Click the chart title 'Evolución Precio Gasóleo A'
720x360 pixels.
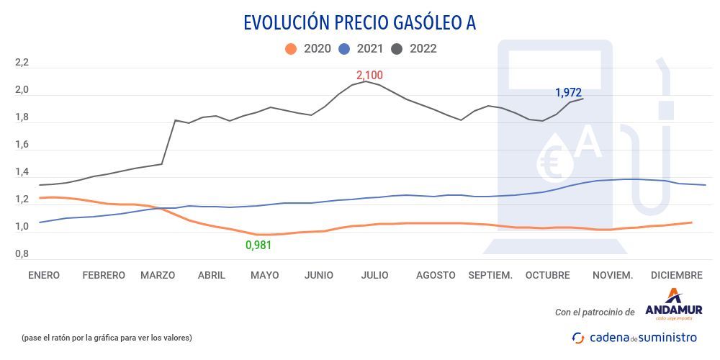pos(359,22)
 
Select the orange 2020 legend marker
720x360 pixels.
pos(291,49)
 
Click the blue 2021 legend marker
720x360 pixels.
pos(344,49)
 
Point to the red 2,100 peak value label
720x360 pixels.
pos(369,75)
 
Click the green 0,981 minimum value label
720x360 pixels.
pos(258,245)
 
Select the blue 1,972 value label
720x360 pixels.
pos(568,92)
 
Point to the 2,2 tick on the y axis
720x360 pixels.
pos(22,63)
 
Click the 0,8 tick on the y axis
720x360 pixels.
pos(22,254)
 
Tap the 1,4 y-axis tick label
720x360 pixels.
pos(22,173)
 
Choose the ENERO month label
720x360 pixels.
pos(44,275)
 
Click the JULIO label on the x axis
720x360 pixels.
pos(375,275)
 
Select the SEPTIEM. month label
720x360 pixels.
pos(490,275)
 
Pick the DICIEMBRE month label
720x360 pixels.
pos(676,275)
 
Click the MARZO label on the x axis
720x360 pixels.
pos(158,275)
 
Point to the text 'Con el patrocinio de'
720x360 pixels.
pos(595,312)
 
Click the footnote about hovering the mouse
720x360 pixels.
pos(107,338)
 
